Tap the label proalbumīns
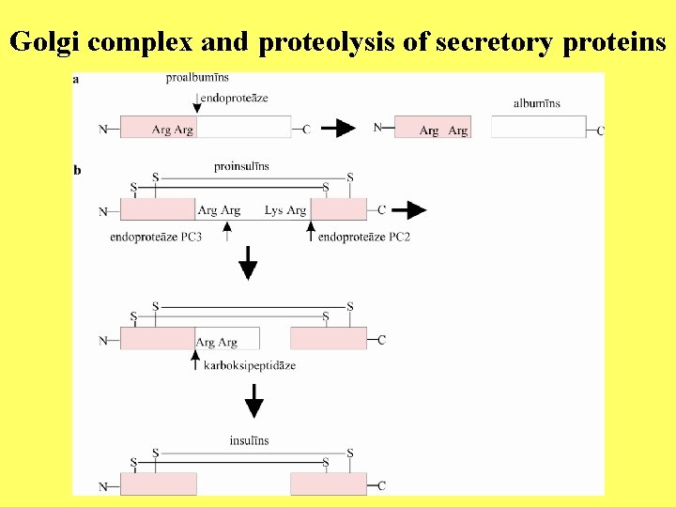197,77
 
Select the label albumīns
537,102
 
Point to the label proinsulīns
241,166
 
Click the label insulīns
249,440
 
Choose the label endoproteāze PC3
156,238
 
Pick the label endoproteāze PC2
364,238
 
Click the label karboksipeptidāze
250,365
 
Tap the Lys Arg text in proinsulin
285,210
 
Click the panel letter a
76,79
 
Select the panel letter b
77,170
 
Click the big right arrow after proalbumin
338,128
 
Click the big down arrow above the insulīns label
253,405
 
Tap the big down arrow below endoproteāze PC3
248,264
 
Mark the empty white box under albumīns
538,128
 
